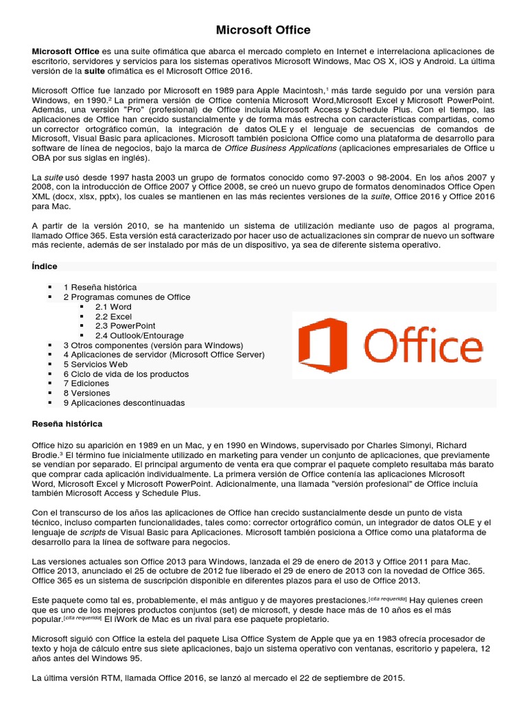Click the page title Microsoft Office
coord(263,30)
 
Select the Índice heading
coord(45,266)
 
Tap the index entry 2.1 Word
coord(113,307)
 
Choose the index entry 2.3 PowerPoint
coord(125,326)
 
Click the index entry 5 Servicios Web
coord(95,365)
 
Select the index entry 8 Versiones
coord(86,393)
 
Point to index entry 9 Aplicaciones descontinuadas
coord(124,403)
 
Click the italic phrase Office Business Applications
coord(280,148)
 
